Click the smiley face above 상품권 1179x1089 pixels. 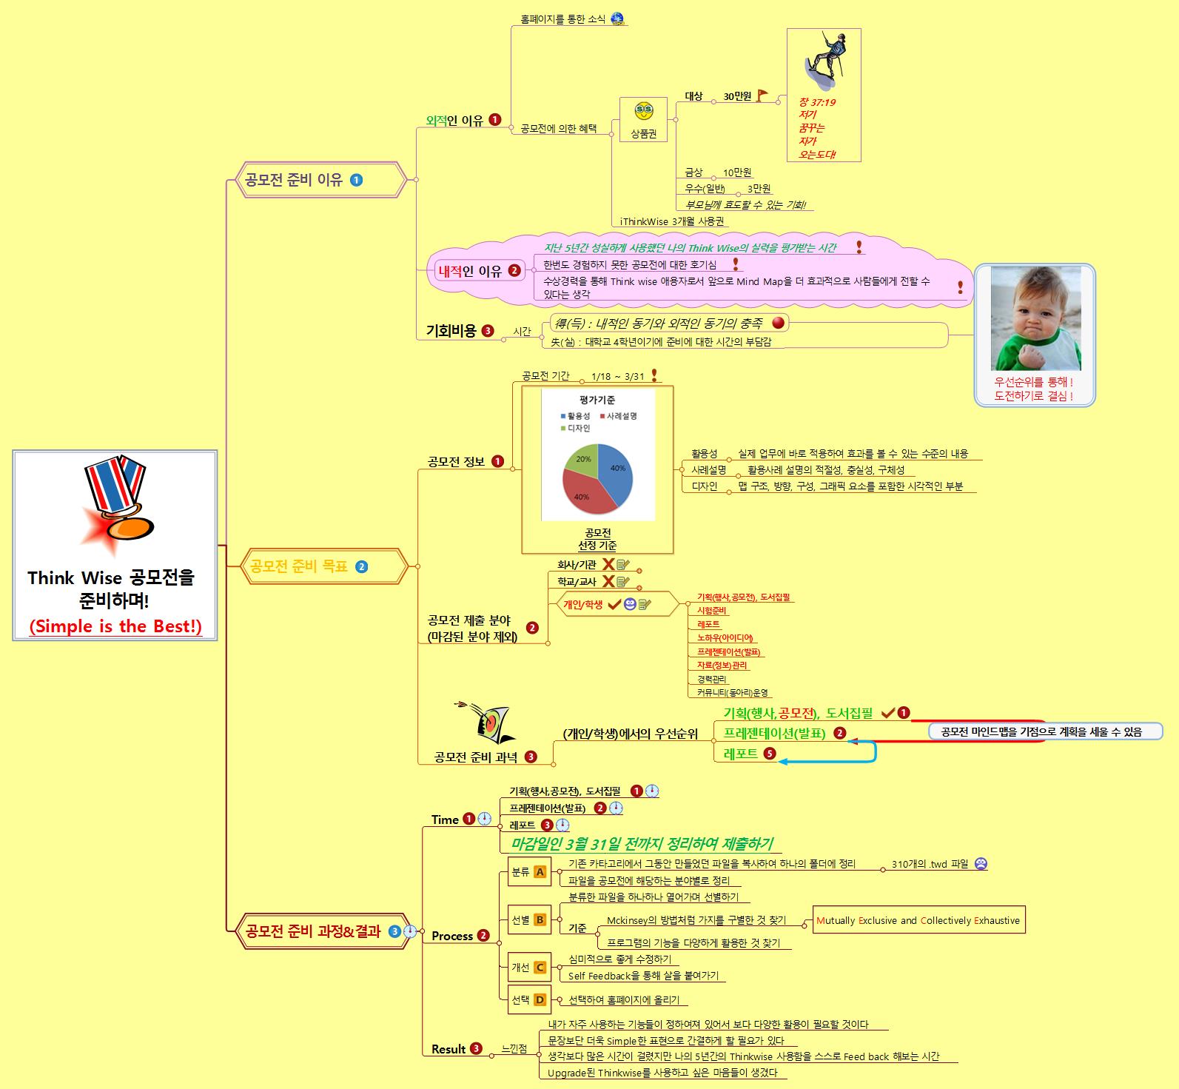click(643, 112)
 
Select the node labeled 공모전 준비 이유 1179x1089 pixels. click(294, 180)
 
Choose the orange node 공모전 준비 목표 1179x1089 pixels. click(299, 567)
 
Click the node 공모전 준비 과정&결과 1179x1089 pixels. click(312, 931)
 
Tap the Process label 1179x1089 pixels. click(452, 936)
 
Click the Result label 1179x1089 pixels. click(449, 1049)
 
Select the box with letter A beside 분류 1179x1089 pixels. click(540, 872)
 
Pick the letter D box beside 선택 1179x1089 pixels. click(540, 1000)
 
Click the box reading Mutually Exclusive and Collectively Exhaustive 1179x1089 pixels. click(918, 921)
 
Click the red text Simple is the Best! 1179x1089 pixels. click(115, 626)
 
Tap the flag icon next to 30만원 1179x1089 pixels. click(762, 96)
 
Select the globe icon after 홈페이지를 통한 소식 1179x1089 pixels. click(617, 19)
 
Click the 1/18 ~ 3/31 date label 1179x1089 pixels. click(617, 376)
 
